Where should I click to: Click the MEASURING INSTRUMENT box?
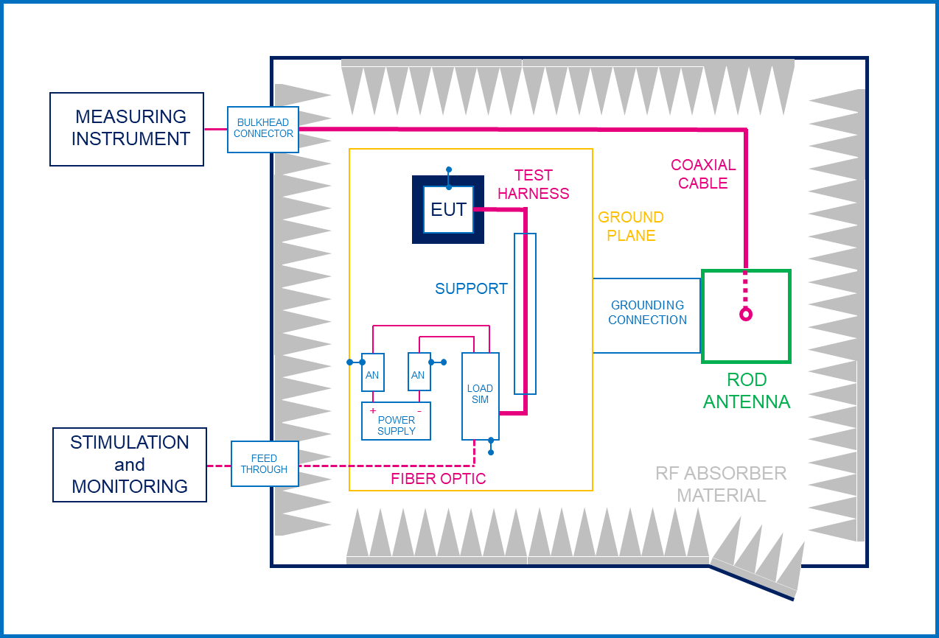coord(127,129)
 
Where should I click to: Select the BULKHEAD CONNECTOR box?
coord(263,130)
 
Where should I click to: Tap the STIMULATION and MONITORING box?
coord(130,465)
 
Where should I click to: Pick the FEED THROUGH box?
coord(265,463)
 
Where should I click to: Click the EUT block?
coord(448,209)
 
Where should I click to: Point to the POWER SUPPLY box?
coord(396,421)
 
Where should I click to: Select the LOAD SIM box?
coord(481,396)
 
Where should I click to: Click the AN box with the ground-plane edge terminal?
coord(373,372)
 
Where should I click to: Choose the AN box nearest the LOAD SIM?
coord(419,371)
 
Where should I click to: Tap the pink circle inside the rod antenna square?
coord(746,314)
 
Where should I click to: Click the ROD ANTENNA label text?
coord(747,390)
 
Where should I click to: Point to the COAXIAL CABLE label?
coord(703,174)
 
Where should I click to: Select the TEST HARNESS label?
coord(533,184)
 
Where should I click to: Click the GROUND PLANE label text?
coord(631,226)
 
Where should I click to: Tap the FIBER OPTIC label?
coord(438,478)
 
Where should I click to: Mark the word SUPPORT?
coord(471,289)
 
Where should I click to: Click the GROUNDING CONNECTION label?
coord(647,312)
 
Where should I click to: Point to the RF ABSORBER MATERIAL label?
coord(721,484)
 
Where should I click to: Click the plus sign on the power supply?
coord(373,410)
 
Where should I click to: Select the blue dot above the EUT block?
coord(449,169)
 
